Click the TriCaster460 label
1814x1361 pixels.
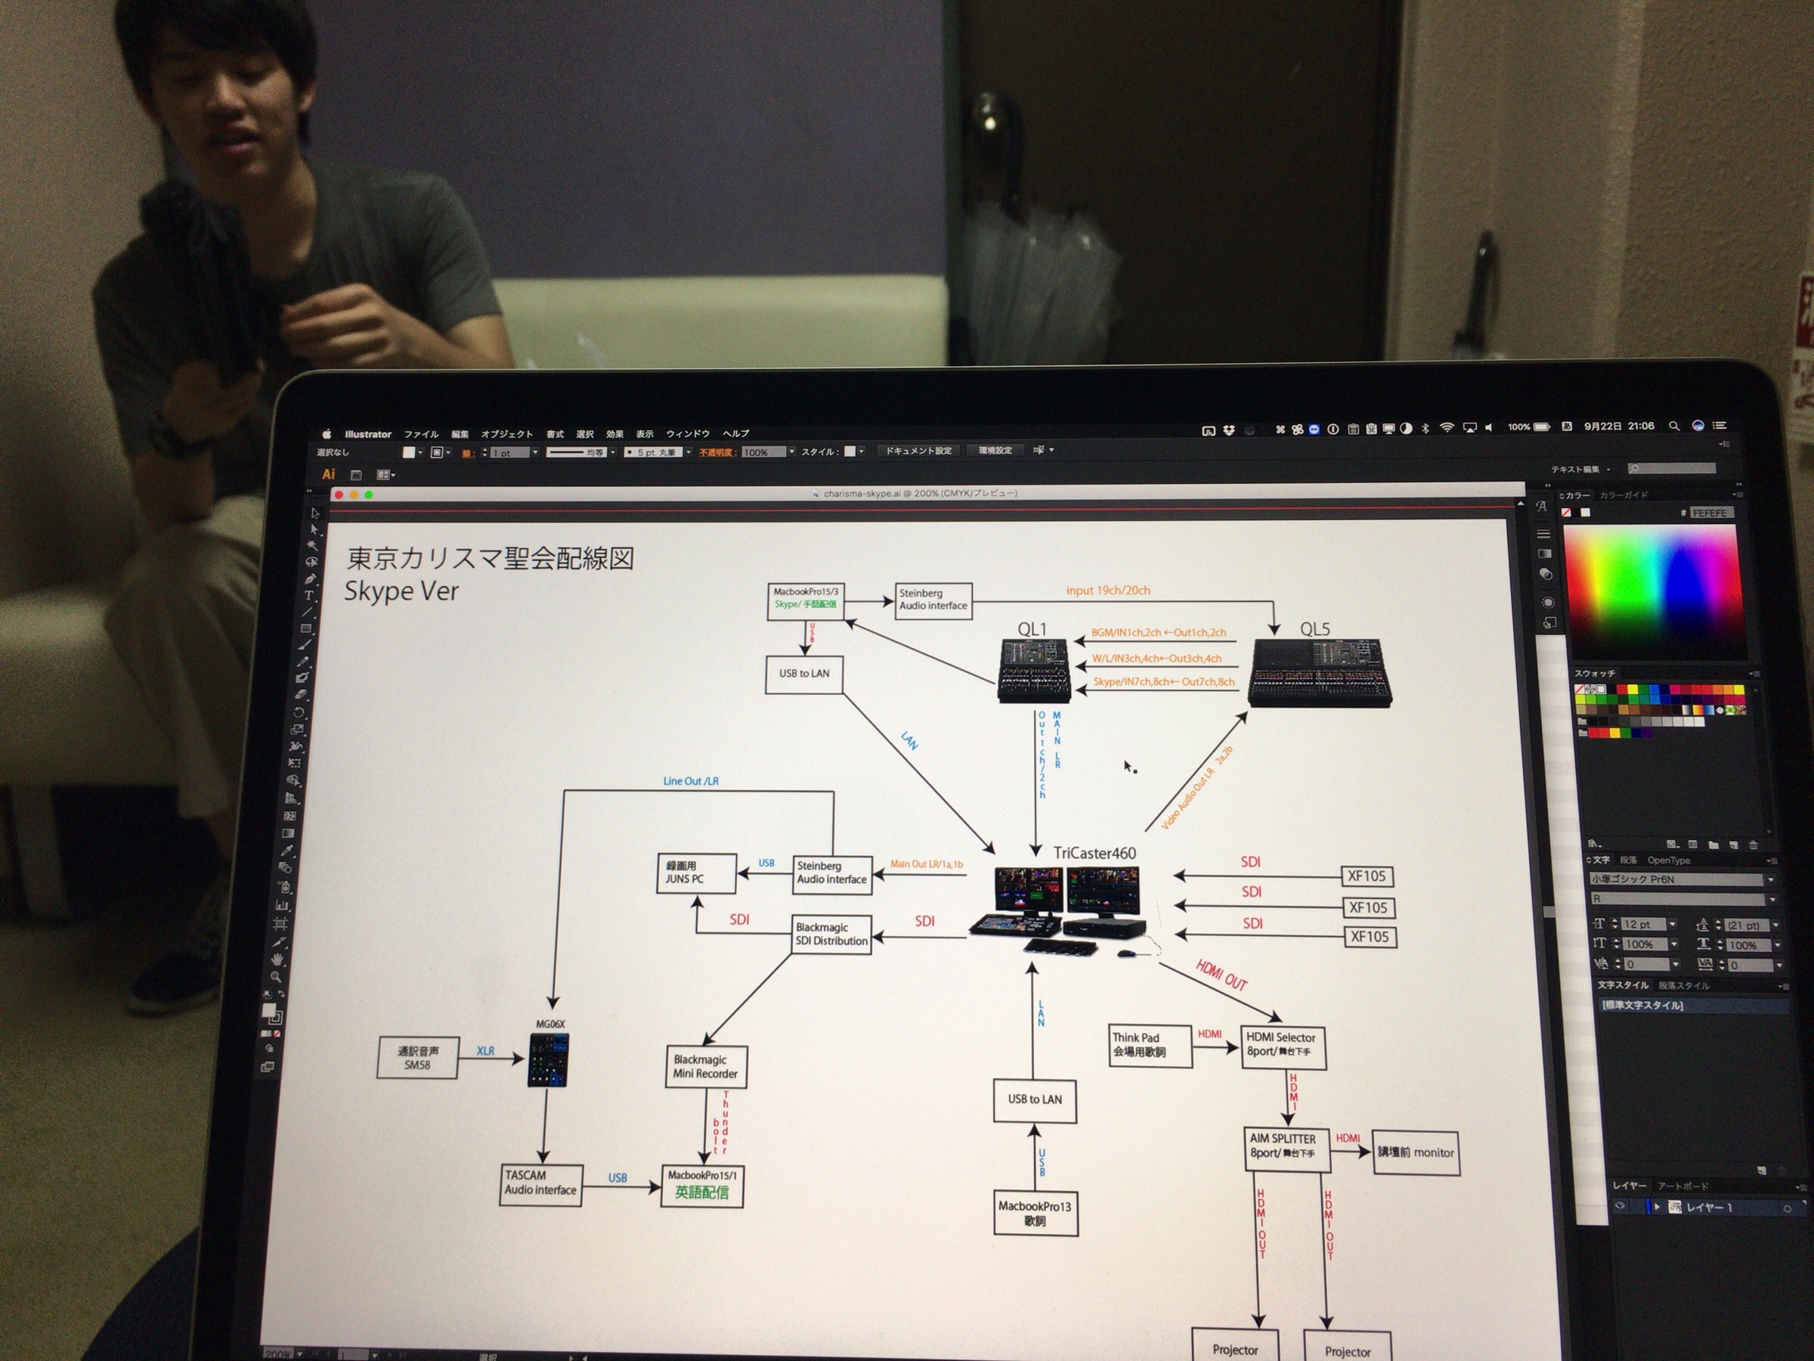pyautogui.click(x=1094, y=853)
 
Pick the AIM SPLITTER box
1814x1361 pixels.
pyautogui.click(x=1284, y=1146)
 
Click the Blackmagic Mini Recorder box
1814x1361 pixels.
pyautogui.click(x=705, y=1066)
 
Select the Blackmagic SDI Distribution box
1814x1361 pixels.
pyautogui.click(x=831, y=935)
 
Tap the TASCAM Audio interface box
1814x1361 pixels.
pyautogui.click(x=540, y=1183)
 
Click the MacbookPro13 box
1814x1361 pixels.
pyautogui.click(x=1035, y=1214)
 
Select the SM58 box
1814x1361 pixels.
pyautogui.click(x=417, y=1059)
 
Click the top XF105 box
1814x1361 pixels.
pyautogui.click(x=1367, y=876)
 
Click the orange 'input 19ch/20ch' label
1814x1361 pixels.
pyautogui.click(x=1108, y=591)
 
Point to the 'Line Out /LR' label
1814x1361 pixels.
pyautogui.click(x=691, y=781)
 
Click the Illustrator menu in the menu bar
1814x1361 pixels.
pyautogui.click(x=367, y=434)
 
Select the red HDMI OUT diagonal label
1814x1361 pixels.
pyautogui.click(x=1221, y=975)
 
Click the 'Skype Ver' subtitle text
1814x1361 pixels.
pyautogui.click(x=401, y=591)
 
